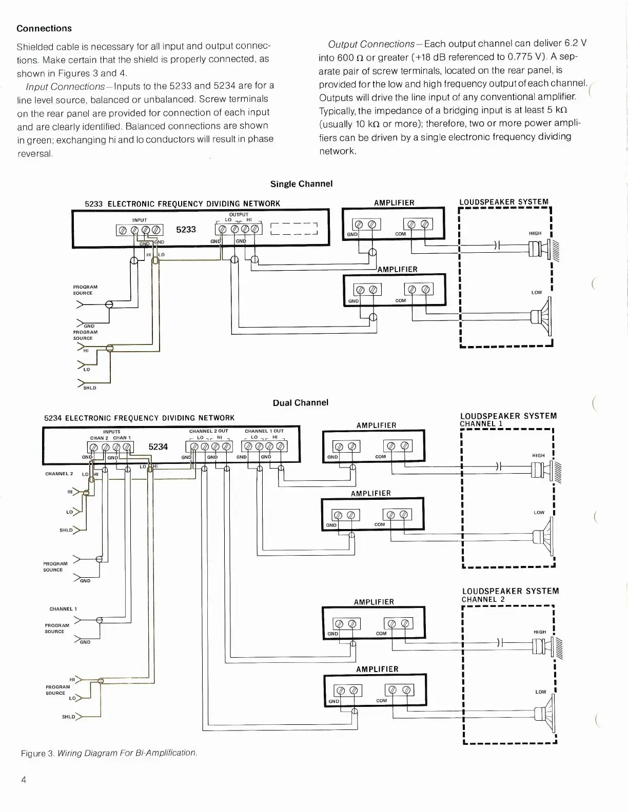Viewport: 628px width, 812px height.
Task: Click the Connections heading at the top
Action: tap(44, 29)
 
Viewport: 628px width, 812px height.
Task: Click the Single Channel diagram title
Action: tap(301, 184)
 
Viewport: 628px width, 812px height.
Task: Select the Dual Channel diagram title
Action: tap(300, 403)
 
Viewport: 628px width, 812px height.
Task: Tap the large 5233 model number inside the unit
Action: tap(186, 230)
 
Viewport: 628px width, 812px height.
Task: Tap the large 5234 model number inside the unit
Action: tap(158, 447)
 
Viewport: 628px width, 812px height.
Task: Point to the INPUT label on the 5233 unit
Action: tap(140, 220)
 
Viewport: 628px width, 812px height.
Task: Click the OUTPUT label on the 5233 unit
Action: tap(239, 215)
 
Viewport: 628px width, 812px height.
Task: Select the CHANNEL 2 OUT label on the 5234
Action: tap(208, 431)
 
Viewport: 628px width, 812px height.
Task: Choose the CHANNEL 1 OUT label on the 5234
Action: tap(264, 431)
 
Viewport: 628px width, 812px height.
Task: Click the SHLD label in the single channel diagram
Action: tap(90, 388)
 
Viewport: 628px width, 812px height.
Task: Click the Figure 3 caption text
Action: tap(109, 753)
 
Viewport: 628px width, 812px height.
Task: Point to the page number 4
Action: tap(24, 780)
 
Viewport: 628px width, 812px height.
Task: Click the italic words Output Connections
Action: tap(371, 45)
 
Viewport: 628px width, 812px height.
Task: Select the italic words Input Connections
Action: tap(65, 86)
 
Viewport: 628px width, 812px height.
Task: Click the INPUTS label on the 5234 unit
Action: tap(112, 432)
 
